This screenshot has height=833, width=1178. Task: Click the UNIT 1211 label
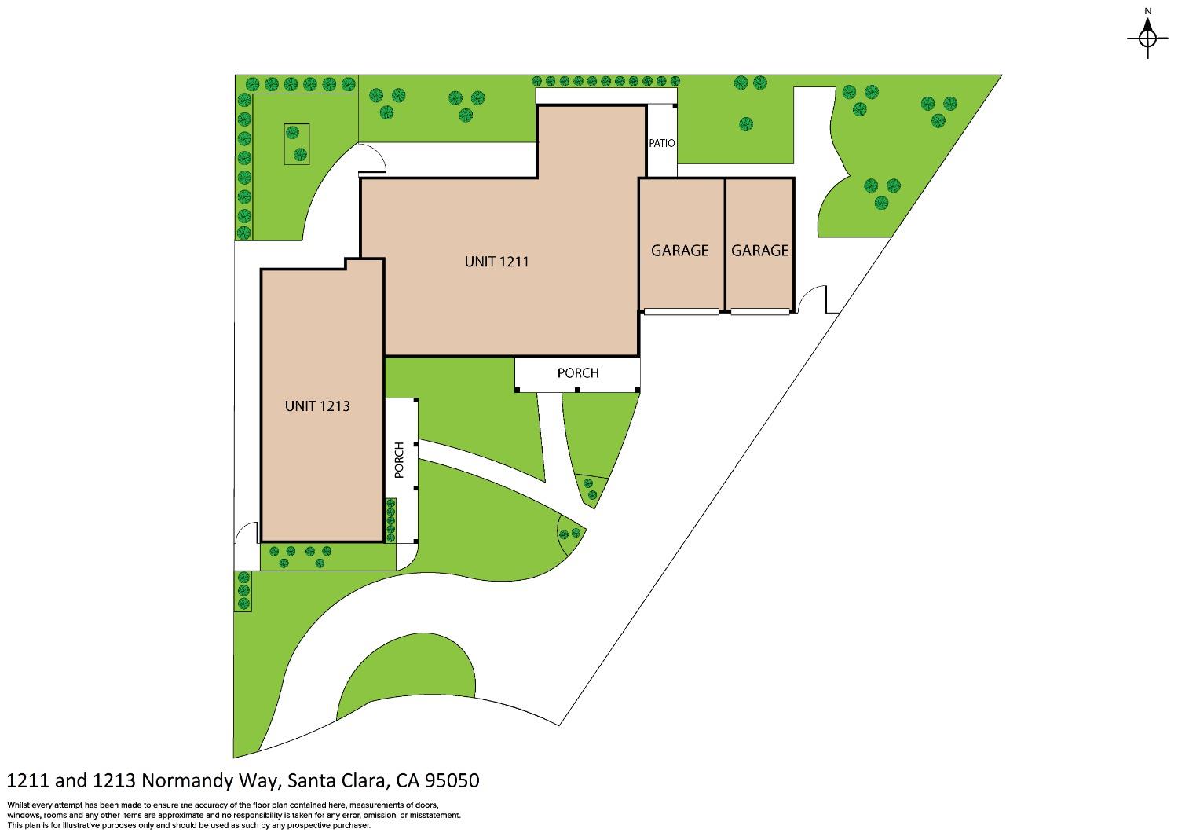(x=496, y=262)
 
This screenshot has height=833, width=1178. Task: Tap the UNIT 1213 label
(x=317, y=406)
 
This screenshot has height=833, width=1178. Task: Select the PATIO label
(x=662, y=144)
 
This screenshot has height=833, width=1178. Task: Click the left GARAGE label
(x=680, y=251)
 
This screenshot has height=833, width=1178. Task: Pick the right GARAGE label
(x=759, y=251)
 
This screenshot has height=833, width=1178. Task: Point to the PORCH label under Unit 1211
(x=578, y=373)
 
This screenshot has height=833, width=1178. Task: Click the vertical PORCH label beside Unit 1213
(x=400, y=461)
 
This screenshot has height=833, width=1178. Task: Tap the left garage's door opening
(x=681, y=312)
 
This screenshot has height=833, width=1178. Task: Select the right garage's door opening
(x=759, y=312)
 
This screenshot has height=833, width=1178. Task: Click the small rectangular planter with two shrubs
(x=297, y=144)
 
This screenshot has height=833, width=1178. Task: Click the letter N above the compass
(x=1148, y=11)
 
